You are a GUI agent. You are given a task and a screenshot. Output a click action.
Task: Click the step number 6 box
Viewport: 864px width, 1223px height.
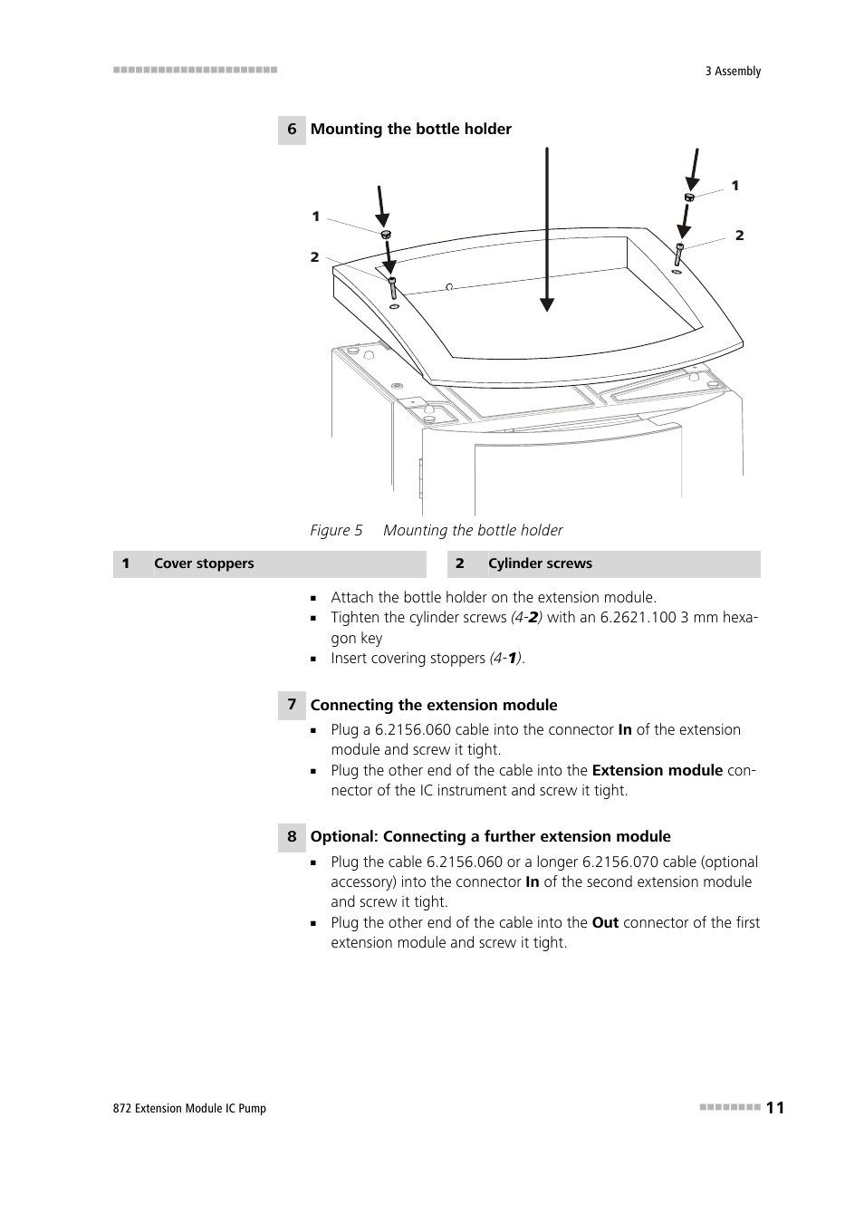[292, 130]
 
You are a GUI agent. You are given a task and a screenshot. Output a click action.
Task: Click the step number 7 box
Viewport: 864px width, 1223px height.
[292, 705]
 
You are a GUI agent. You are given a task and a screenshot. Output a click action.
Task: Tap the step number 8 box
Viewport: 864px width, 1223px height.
[292, 836]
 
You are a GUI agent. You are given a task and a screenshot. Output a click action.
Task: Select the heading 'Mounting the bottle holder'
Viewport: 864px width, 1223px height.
[410, 130]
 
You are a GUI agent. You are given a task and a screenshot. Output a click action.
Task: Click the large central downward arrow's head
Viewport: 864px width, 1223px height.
[546, 303]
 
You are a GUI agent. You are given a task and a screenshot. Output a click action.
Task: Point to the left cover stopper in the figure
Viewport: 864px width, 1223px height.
[385, 235]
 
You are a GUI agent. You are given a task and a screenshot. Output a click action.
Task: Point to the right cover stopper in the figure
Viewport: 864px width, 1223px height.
[689, 197]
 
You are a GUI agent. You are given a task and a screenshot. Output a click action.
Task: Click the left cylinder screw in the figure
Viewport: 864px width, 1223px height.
[392, 289]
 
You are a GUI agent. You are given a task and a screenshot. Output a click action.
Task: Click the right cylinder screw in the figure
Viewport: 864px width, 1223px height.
[678, 254]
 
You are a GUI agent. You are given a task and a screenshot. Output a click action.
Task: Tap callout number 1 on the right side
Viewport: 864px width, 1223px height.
[735, 186]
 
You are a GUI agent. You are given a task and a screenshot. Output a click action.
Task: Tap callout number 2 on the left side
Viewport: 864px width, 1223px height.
[314, 257]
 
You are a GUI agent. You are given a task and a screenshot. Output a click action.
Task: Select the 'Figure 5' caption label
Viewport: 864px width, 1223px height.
[336, 530]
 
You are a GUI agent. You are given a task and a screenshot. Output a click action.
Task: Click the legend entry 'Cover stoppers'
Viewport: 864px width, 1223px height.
[204, 563]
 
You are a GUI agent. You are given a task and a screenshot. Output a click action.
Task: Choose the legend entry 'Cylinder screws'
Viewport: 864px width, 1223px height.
[540, 563]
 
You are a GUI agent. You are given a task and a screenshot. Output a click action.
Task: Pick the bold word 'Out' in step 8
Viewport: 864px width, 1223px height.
[605, 922]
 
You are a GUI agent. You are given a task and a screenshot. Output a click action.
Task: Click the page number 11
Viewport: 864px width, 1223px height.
[775, 1107]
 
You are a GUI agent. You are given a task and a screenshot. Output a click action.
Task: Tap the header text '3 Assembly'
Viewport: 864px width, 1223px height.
[733, 71]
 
